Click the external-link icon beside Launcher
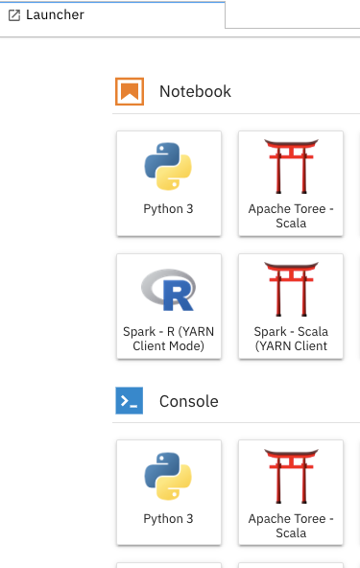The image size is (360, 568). point(14,15)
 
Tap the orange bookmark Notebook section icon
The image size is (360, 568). point(129,91)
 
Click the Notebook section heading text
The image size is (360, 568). point(195,91)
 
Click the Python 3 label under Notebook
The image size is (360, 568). point(168,208)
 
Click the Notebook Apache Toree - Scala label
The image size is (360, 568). point(290,216)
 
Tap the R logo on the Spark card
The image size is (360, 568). point(168,289)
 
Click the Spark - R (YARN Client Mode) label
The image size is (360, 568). point(168,339)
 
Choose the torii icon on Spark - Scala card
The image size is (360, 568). point(290,289)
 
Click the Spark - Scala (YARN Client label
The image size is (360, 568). point(290,339)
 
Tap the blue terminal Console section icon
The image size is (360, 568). point(129,401)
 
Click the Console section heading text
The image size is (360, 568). point(188,401)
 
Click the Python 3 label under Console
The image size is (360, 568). point(168,518)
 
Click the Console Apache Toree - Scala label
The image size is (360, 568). point(290,526)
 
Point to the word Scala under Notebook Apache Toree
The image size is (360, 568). point(290,224)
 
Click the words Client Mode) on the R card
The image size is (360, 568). point(168,346)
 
